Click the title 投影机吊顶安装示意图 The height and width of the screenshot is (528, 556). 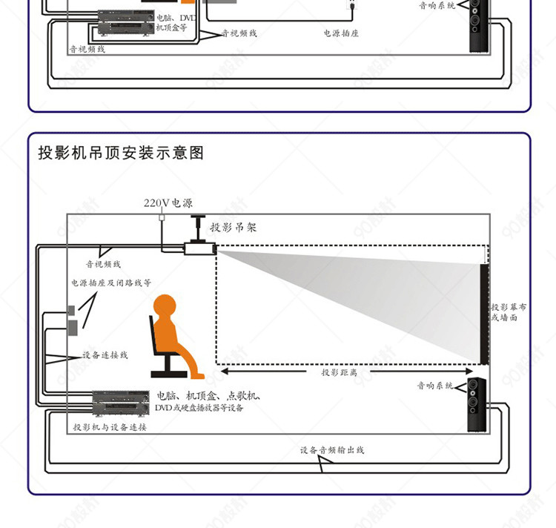coord(121,154)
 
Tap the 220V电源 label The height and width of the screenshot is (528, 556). coord(168,202)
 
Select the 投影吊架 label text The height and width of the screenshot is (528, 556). coord(234,227)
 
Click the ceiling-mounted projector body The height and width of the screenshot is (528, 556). coord(199,250)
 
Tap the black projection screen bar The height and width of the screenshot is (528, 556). coord(484,312)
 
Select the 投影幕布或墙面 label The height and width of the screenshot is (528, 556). coord(509,312)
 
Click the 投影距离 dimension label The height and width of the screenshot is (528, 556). coord(339,372)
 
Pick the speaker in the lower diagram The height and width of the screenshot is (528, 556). coord(474,404)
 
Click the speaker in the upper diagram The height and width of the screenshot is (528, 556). coord(477,26)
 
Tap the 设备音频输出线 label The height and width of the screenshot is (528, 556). coord(332,450)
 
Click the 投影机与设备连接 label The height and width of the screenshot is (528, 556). coord(110,428)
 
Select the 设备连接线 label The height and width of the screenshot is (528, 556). coord(105,355)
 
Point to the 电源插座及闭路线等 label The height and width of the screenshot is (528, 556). coord(111,283)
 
